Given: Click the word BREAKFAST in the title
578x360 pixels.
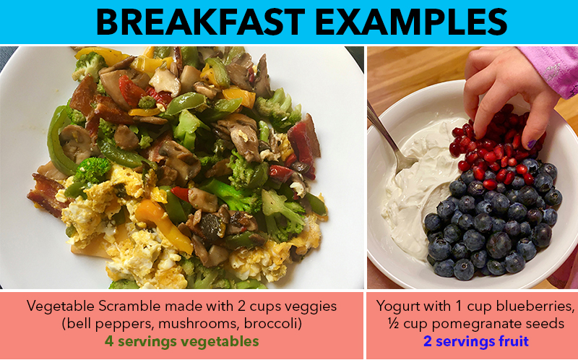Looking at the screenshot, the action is pos(201,22).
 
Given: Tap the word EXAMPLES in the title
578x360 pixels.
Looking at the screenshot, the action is pos(411,22).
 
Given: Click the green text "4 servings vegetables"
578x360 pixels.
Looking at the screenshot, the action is pos(182,341).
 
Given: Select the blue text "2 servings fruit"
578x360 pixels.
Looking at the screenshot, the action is pos(476,341).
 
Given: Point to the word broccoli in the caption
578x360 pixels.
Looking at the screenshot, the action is pos(273,323).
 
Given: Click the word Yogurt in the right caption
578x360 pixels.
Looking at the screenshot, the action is pos(397,307).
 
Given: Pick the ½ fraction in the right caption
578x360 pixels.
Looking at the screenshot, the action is pos(393,323).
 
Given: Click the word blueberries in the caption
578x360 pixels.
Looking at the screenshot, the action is pos(535,307).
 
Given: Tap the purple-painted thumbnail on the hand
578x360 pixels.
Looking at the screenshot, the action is pos(531,144).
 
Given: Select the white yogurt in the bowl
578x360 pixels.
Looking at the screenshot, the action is pos(417,184).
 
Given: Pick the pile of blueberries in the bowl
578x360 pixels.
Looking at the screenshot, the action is pos(492,221).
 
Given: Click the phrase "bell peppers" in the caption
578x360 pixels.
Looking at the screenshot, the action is pos(109,324).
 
